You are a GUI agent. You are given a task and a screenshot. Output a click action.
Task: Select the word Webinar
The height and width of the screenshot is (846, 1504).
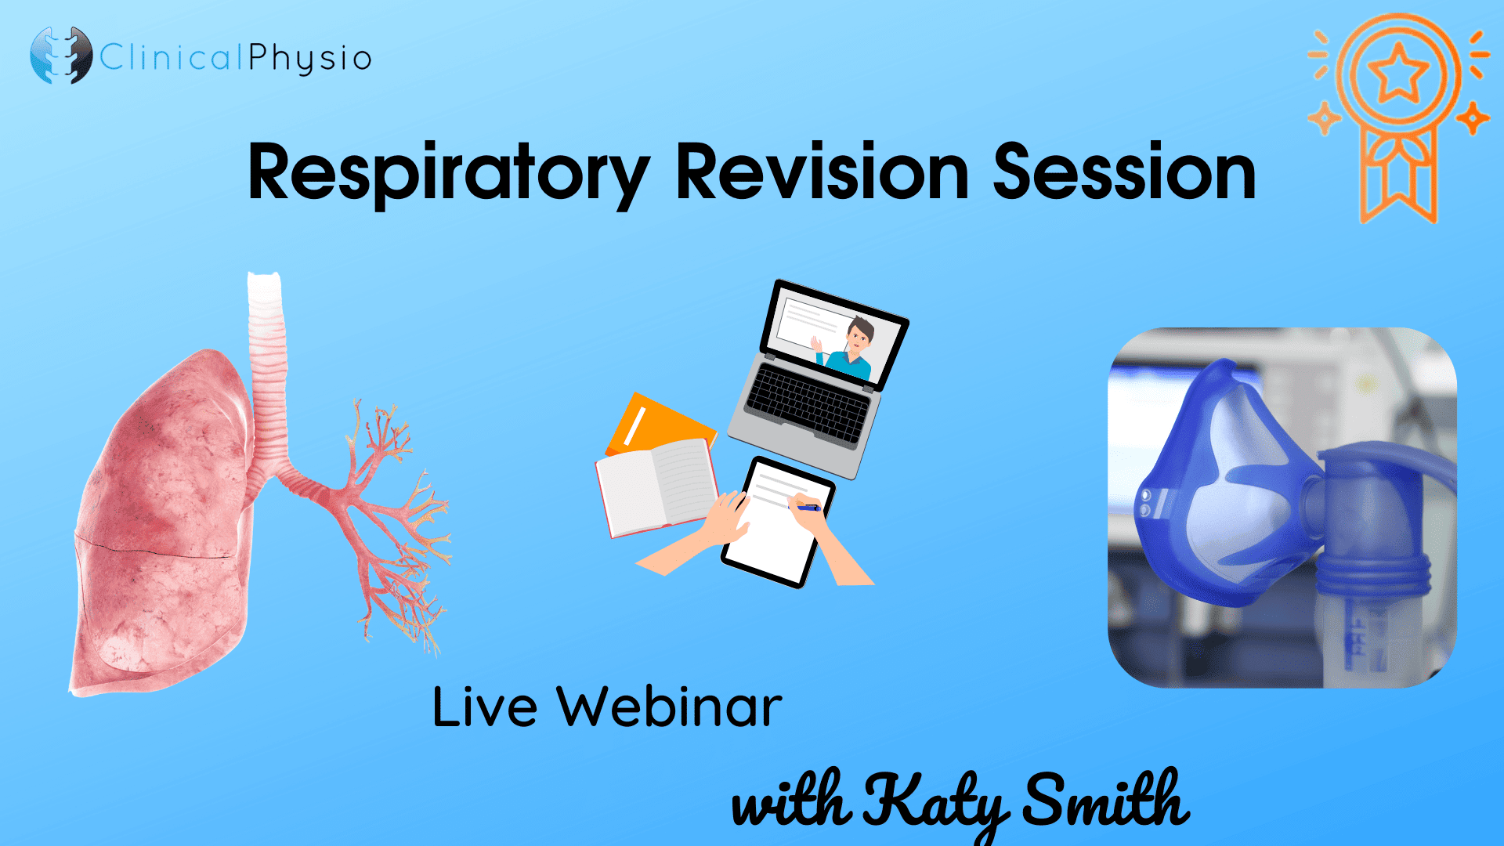pyautogui.click(x=669, y=707)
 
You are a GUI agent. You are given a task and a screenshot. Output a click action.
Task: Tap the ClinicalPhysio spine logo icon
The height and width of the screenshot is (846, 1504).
pyautogui.click(x=61, y=56)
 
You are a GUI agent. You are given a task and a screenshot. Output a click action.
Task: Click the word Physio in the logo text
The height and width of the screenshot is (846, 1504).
pyautogui.click(x=310, y=58)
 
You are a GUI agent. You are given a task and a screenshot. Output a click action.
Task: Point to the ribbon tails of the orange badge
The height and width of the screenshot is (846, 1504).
pyautogui.click(x=1399, y=180)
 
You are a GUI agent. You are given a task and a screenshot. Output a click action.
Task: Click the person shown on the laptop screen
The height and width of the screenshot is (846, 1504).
pyautogui.click(x=854, y=349)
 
